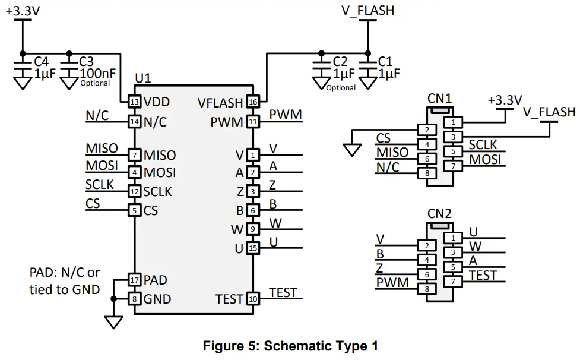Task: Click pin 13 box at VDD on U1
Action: pyautogui.click(x=134, y=102)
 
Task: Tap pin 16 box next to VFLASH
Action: pyautogui.click(x=253, y=102)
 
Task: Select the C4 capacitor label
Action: pyautogui.click(x=41, y=61)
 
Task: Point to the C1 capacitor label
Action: pyautogui.click(x=385, y=61)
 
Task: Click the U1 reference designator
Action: pyautogui.click(x=143, y=78)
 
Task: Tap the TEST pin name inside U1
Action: pyautogui.click(x=229, y=299)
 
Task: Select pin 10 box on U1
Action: pyautogui.click(x=253, y=299)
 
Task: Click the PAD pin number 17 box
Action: pyautogui.click(x=134, y=279)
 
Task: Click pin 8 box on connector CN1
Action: pyautogui.click(x=426, y=173)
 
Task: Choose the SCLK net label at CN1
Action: pyautogui.click(x=483, y=144)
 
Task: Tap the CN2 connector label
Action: pyautogui.click(x=439, y=213)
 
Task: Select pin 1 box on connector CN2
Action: pyautogui.click(x=453, y=238)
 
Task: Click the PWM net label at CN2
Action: pyautogui.click(x=392, y=282)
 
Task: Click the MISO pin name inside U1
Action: pyautogui.click(x=160, y=156)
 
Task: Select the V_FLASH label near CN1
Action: pyautogui.click(x=549, y=112)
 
